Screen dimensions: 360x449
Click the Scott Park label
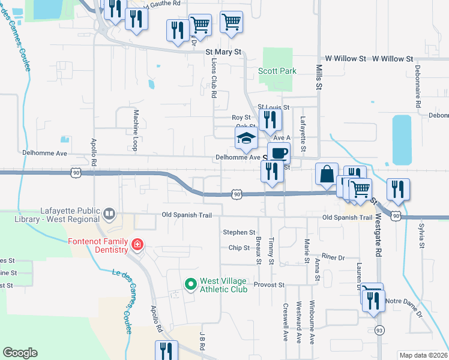click(277, 71)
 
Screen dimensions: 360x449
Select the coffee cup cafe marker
click(278, 154)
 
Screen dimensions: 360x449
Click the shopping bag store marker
click(326, 175)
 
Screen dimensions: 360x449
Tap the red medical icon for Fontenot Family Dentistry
click(138, 245)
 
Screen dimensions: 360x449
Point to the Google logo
click(20, 353)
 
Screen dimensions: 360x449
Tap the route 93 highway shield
click(379, 330)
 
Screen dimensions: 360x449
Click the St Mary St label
click(223, 52)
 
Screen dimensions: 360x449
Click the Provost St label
click(268, 284)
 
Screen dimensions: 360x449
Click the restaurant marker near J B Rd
click(166, 351)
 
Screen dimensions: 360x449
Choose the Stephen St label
click(239, 232)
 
